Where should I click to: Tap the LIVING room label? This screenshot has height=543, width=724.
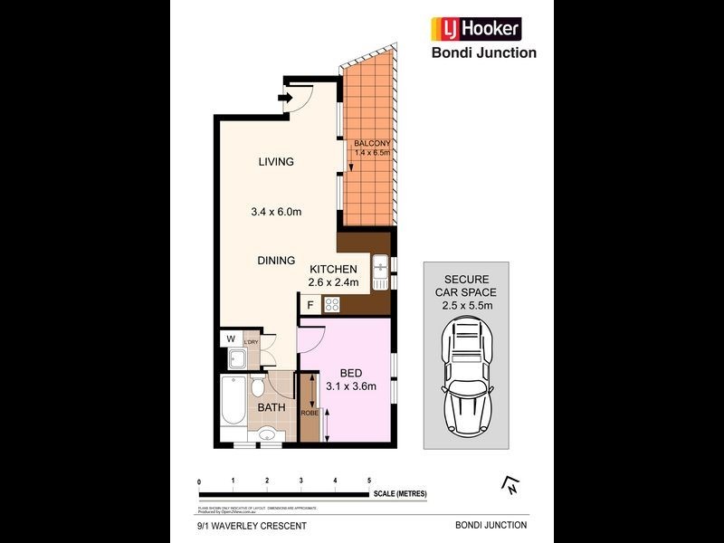(x=276, y=162)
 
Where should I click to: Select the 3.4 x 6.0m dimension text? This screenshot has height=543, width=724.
(x=276, y=213)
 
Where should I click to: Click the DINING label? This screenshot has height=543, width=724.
(x=276, y=261)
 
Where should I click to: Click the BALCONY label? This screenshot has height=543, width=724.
(x=372, y=143)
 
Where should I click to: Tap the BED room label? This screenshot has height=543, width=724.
(x=351, y=373)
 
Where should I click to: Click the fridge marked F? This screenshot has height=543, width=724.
(x=310, y=306)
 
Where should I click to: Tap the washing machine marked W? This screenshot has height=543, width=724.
(x=230, y=340)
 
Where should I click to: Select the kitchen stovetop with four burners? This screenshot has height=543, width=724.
(x=332, y=306)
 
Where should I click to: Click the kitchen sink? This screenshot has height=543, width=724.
(x=380, y=268)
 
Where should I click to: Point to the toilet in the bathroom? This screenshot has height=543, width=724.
(x=257, y=389)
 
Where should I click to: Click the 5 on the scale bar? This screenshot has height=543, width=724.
(x=369, y=480)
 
